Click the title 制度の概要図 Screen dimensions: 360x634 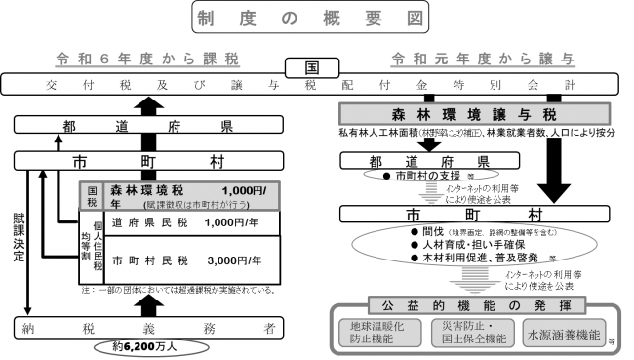pyautogui.click(x=316, y=19)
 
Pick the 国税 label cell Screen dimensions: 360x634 pyautogui.click(x=93, y=194)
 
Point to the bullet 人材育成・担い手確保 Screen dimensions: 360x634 pyautogui.click(x=457, y=247)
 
